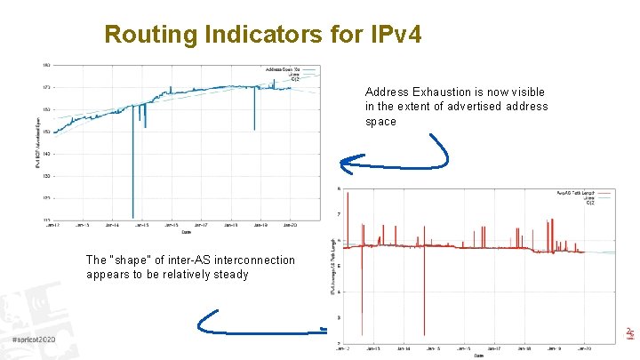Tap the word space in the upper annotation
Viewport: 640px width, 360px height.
[x=380, y=122]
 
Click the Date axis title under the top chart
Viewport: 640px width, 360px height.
[x=186, y=234]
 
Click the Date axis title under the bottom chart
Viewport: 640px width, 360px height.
[x=478, y=356]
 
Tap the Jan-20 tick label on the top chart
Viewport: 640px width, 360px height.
[x=292, y=226]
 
